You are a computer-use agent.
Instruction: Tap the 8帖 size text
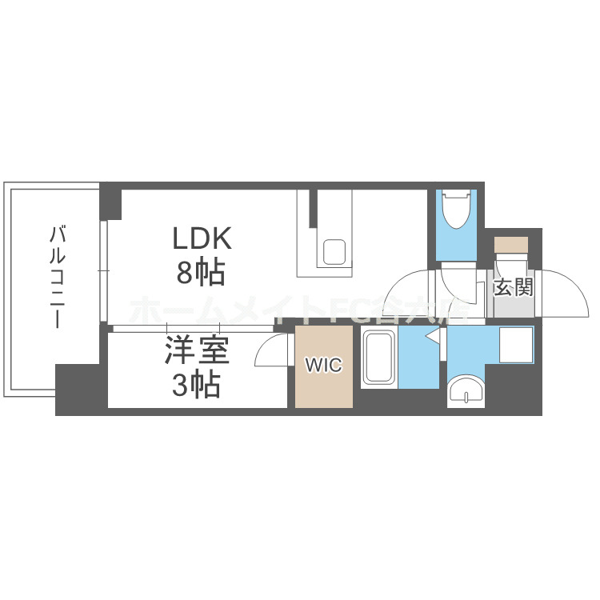(200, 274)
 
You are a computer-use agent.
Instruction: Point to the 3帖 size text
(196, 386)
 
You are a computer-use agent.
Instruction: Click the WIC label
(323, 366)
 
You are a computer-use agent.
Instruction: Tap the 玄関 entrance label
(513, 286)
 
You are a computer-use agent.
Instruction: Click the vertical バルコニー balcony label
(58, 277)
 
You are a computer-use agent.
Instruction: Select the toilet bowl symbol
(457, 210)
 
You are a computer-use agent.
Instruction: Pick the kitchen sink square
(334, 252)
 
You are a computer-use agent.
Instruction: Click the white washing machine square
(514, 345)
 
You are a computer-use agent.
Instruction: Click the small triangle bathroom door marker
(433, 339)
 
